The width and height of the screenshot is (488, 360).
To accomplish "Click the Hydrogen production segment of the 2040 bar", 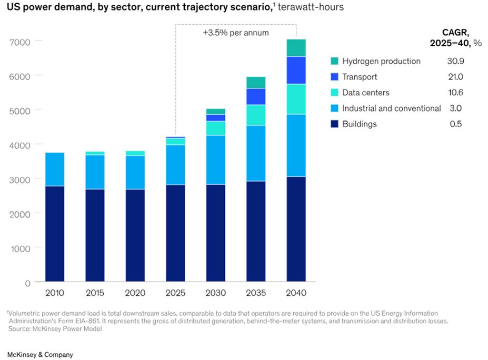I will coord(296,48).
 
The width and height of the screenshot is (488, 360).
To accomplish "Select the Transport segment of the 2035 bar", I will coord(256,96).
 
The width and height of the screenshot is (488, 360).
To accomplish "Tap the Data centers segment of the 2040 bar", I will coord(296,99).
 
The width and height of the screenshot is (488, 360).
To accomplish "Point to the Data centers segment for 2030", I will coord(216,128).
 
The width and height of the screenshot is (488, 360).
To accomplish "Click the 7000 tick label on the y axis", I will coord(21,41).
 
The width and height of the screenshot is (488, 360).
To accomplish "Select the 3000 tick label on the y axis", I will coord(21,179).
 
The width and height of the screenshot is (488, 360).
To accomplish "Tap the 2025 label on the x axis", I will coord(175,293).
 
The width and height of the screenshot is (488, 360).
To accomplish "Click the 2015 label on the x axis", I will coord(95,293).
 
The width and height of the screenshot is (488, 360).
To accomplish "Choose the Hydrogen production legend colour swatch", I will coord(334,61).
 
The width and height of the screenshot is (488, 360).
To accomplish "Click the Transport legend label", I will coord(360,77).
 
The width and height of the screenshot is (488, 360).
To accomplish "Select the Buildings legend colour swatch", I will coord(334,124).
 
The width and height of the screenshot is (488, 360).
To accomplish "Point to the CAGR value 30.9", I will coord(455,61).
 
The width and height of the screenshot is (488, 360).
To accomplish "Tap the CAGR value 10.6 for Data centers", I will coord(455,93).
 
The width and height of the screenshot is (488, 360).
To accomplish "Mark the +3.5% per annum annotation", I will coord(236,33).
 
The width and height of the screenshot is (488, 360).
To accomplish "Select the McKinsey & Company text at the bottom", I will coord(40,354).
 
